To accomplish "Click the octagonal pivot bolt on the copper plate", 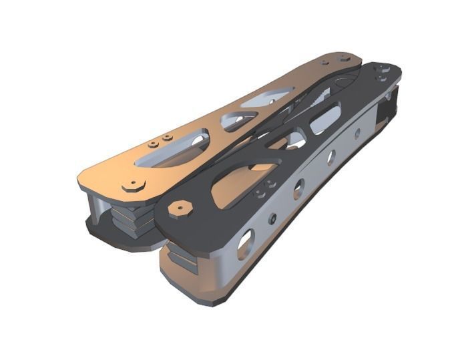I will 134,185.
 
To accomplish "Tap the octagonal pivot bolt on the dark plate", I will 180,208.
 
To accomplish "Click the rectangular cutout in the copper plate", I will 267,98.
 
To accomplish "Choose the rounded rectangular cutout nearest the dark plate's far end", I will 325,120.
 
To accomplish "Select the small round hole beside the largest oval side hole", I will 272,218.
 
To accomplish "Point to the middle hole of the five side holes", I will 298,188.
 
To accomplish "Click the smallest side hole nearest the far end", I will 357,134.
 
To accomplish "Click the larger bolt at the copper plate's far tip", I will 344,59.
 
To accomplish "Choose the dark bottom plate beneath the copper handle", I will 120,237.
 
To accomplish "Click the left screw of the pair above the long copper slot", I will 153,143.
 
